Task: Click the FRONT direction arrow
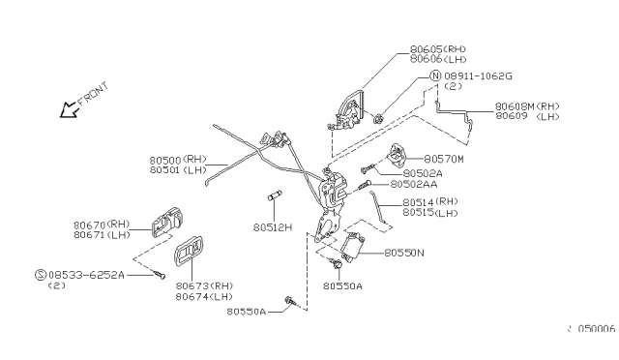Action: (69, 107)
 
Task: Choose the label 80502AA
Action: (417, 184)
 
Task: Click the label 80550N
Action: (410, 253)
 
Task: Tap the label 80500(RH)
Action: (179, 159)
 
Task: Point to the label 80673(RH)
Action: (204, 286)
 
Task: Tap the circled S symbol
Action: (40, 275)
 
